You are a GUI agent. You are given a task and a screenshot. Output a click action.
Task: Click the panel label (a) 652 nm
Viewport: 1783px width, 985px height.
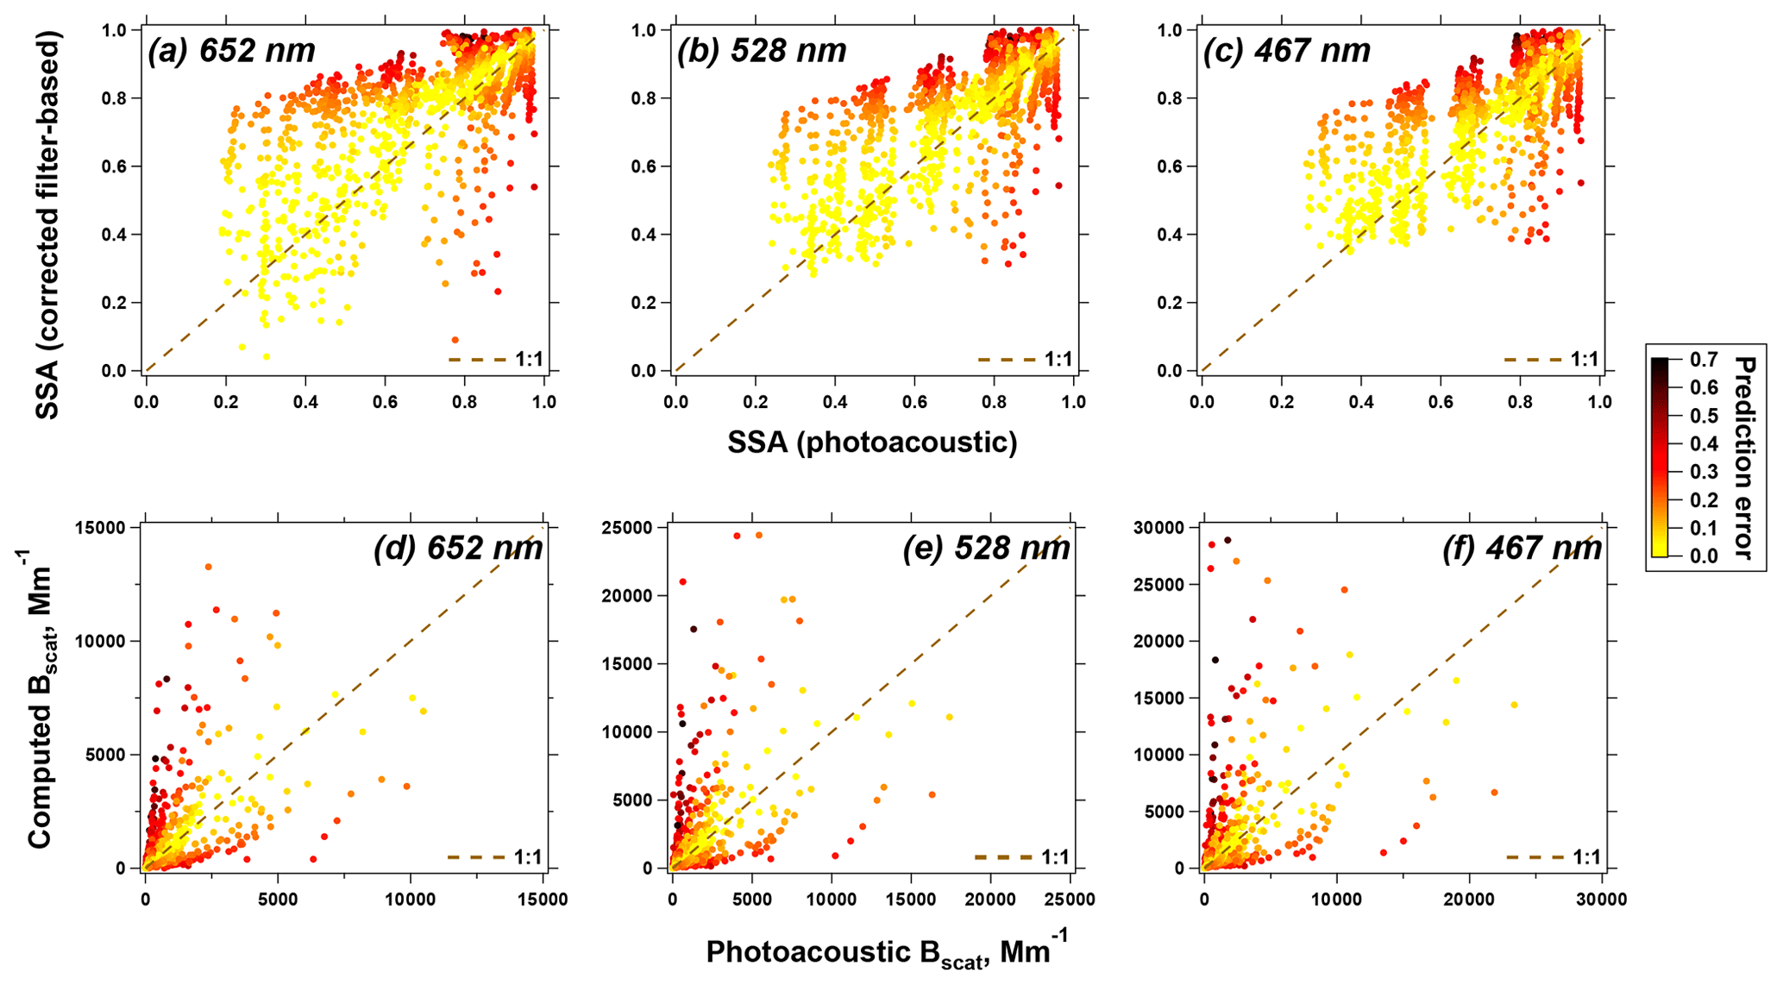[231, 51]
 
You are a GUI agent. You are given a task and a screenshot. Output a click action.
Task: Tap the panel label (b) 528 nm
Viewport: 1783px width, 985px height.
[762, 51]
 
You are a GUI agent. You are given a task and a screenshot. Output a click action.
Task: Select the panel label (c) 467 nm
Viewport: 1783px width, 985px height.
[1286, 51]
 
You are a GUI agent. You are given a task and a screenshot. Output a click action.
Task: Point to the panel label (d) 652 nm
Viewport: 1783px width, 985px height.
[457, 548]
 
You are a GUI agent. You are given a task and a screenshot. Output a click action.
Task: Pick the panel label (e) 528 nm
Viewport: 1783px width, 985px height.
[986, 548]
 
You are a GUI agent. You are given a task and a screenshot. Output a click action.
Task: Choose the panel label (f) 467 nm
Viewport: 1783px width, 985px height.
[1522, 548]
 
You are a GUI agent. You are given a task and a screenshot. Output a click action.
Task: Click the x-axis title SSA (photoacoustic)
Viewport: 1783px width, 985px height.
[872, 442]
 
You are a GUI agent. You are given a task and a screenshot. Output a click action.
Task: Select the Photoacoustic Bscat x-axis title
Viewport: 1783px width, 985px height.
[886, 951]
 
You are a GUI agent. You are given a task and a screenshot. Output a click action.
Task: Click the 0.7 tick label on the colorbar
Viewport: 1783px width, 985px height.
[1703, 360]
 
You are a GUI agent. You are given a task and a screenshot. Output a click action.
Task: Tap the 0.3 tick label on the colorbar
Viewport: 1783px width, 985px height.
[1703, 472]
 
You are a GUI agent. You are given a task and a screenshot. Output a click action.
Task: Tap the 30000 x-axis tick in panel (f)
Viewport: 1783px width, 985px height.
[1602, 900]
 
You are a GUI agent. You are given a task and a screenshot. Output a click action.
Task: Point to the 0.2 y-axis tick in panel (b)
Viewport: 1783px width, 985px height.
[647, 303]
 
